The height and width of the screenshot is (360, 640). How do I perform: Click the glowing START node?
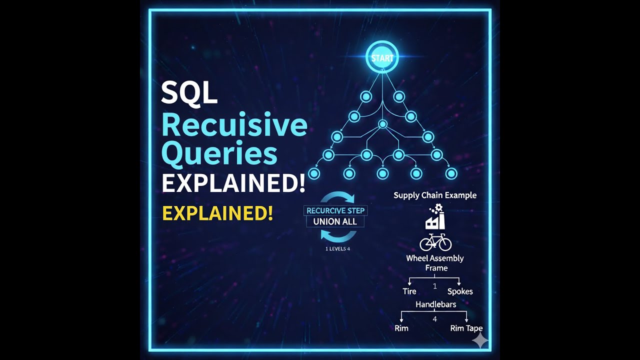[x=382, y=58]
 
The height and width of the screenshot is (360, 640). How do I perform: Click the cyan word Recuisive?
[x=233, y=125]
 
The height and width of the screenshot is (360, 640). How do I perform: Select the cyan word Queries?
[x=219, y=154]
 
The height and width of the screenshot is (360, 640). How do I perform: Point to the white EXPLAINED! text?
[x=233, y=183]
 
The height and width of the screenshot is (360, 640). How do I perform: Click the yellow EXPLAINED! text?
[x=217, y=213]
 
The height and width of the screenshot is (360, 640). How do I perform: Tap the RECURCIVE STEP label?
[x=335, y=210]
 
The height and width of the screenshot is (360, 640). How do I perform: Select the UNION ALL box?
[x=335, y=221]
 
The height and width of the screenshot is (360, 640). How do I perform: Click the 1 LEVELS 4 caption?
[x=337, y=248]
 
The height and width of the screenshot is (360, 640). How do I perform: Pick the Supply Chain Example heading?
[x=435, y=195]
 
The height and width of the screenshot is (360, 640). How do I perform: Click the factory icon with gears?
[x=435, y=217]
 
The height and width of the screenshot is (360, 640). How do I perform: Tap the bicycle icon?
[x=435, y=242]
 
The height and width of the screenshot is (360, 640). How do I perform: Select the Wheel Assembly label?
[x=434, y=258]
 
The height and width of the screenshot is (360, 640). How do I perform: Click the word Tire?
[x=409, y=291]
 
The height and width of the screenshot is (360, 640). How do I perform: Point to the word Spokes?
[x=460, y=291]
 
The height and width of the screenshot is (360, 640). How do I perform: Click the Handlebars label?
[x=435, y=304]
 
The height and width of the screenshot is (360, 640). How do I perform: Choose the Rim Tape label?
[x=466, y=328]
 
